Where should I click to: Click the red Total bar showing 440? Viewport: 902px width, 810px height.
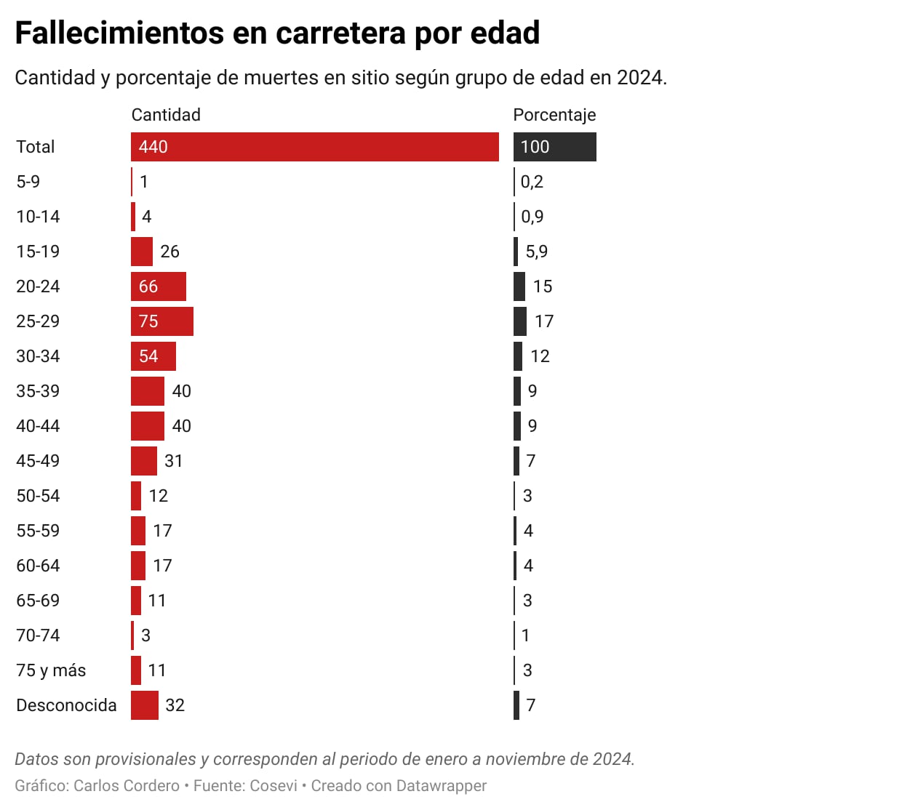click(314, 147)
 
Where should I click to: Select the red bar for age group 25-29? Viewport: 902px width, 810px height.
click(162, 321)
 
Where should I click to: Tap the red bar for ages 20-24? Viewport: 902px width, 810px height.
click(159, 286)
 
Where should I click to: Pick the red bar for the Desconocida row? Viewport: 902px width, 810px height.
click(145, 705)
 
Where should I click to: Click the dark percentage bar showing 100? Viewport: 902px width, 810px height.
click(554, 147)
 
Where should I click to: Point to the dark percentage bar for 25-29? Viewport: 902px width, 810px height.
click(520, 321)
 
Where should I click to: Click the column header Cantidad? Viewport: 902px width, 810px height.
click(166, 115)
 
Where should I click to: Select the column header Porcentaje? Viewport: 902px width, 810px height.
click(554, 115)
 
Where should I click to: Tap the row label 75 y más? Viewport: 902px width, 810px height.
click(51, 670)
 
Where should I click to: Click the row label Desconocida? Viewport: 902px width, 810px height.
click(66, 705)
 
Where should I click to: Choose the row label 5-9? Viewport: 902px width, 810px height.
click(28, 182)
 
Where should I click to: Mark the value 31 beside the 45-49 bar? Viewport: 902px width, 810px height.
click(174, 461)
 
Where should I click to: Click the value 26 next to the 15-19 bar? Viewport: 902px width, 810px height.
click(169, 252)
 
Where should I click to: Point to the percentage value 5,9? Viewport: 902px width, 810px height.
click(537, 252)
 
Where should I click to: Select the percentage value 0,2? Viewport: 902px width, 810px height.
click(532, 182)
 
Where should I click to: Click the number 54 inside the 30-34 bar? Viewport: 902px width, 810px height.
click(148, 356)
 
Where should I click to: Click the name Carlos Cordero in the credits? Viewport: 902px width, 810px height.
click(127, 786)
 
